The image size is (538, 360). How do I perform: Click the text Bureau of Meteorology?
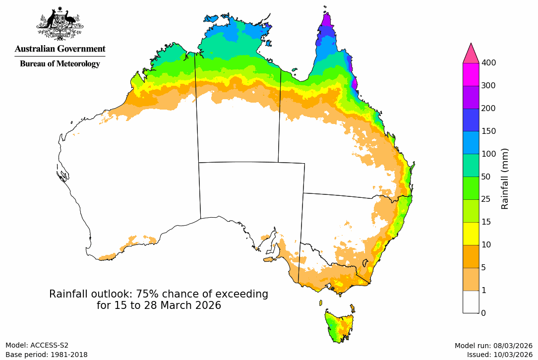tap(60, 63)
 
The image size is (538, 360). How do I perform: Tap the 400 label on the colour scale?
tap(489, 62)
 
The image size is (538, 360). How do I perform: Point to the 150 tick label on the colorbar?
tap(489, 131)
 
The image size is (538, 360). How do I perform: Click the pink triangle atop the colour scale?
tap(471, 53)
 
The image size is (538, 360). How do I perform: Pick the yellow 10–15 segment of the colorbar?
tap(471, 234)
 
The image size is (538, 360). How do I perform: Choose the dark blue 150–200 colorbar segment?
tap(471, 120)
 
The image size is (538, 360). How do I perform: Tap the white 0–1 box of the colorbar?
tap(471, 301)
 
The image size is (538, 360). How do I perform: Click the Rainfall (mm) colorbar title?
tap(505, 179)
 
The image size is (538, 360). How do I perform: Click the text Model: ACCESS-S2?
tap(37, 346)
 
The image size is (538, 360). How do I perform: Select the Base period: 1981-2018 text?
tap(47, 355)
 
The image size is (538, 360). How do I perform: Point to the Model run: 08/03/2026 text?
tap(493, 346)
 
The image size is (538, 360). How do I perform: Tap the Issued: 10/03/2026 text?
tap(499, 355)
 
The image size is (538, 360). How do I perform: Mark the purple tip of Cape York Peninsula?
tap(326, 22)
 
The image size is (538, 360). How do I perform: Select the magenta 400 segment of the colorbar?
tap(471, 74)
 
